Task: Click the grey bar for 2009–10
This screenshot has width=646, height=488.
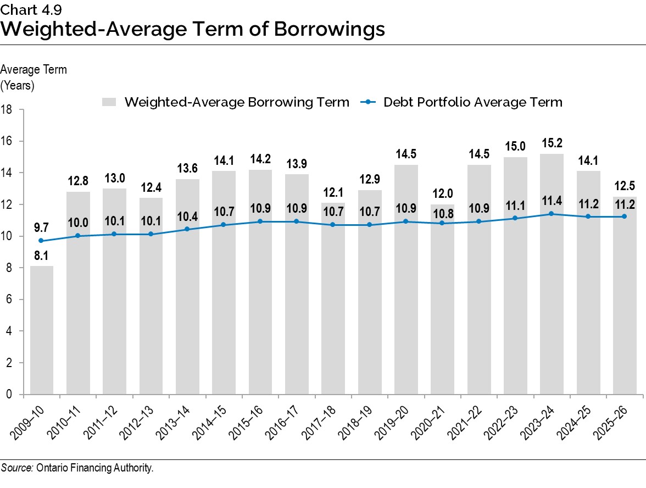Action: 41,330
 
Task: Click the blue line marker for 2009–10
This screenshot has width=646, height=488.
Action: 41,241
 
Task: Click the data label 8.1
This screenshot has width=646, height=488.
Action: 41,256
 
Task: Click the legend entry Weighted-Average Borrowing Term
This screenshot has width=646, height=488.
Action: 236,102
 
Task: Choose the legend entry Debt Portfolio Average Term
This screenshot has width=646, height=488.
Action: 472,102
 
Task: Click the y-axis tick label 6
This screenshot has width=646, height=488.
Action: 10,300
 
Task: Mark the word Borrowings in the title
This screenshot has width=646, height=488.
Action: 326,29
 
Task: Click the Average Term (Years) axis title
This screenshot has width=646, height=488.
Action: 34,77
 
